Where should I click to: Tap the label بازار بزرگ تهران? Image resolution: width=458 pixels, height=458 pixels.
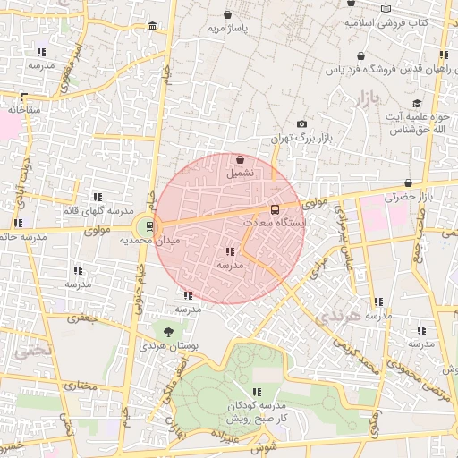point(301,140)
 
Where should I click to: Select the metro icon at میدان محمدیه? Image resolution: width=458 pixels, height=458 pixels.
point(149,225)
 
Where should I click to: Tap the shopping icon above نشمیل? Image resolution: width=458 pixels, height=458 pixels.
point(242,158)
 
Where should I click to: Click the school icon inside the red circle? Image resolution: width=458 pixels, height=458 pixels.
point(231,252)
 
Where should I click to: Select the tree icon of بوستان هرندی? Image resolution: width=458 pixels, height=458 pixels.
point(168,331)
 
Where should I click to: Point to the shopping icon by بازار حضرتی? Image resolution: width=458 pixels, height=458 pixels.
point(408,182)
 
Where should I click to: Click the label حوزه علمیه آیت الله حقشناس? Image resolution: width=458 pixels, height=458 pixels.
point(416,123)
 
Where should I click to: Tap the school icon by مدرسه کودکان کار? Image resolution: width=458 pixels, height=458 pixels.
point(257,392)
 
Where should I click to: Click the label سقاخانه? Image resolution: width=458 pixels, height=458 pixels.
point(26,108)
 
